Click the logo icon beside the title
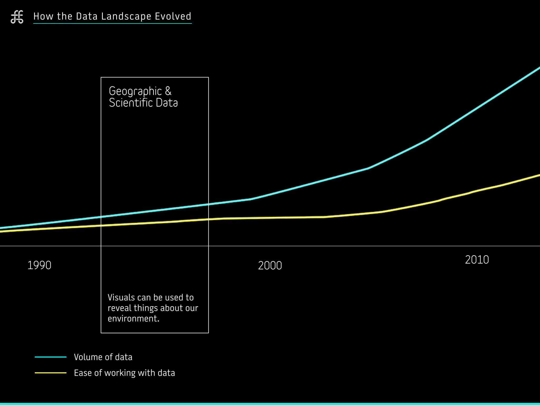coord(17,17)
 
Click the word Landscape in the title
coord(126,16)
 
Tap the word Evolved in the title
coord(173,16)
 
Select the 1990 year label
coord(39,265)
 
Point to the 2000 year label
coord(270,266)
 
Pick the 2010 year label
coord(477,260)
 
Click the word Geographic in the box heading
coord(135,91)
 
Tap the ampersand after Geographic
coord(168,91)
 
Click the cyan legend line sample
coord(51,357)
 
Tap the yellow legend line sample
coord(51,373)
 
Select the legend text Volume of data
coord(103,357)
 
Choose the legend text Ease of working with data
coord(124,373)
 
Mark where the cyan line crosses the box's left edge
coord(101,217)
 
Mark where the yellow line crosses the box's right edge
coord(209,219)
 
